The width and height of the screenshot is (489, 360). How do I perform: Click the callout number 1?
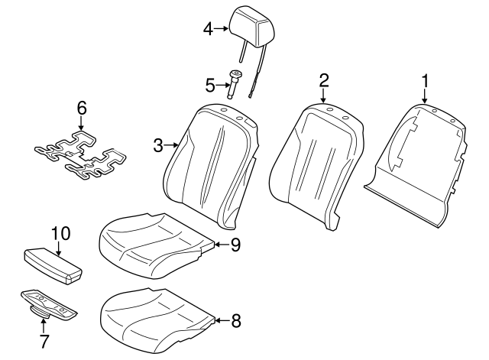click(426, 79)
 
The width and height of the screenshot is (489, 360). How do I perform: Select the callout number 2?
click(324, 80)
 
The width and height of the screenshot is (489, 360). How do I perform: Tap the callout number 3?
click(158, 144)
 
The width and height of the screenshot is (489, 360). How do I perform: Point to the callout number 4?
click(207, 29)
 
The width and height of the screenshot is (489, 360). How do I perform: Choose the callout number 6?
click(81, 109)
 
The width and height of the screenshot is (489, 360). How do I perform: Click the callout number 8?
click(235, 321)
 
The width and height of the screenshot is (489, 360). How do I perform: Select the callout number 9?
click(235, 245)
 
